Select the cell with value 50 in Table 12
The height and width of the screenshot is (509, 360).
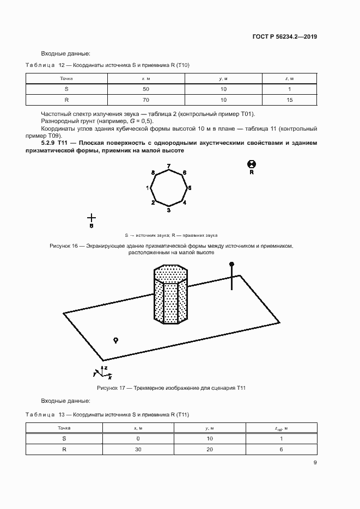145,89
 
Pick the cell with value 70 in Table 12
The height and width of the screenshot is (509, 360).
145,100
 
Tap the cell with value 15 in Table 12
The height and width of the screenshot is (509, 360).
290,100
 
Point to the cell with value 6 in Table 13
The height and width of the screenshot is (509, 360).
282,450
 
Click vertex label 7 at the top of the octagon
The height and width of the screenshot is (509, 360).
169,165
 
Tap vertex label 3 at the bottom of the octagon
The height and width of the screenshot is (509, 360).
169,210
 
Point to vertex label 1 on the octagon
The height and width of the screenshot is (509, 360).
148,188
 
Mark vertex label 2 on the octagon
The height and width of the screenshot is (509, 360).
153,203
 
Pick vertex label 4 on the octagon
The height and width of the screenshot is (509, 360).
185,203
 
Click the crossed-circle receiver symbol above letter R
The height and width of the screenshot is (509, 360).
252,164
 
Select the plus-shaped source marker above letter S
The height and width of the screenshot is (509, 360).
91,217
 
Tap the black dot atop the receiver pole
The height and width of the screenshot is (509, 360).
231,264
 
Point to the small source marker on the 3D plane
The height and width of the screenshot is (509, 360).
115,340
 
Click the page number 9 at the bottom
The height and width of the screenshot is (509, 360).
315,463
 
